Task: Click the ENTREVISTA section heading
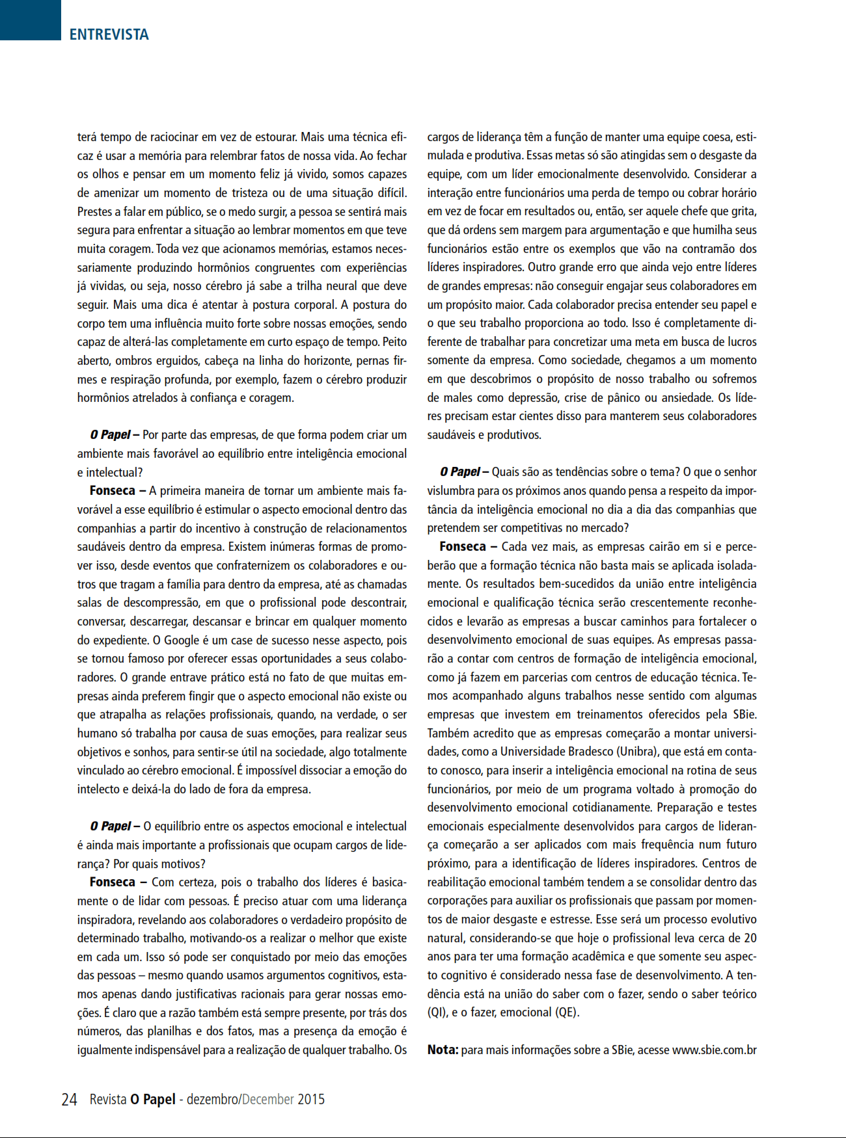point(109,34)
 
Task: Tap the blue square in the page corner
point(30,20)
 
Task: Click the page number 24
point(69,1100)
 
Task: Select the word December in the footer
point(268,1100)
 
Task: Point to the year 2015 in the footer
point(311,1100)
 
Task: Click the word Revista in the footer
point(108,1100)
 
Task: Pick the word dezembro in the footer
point(212,1100)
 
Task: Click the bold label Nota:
point(443,1050)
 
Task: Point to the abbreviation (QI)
point(437,1013)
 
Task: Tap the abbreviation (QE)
point(566,1013)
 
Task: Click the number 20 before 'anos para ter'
point(750,938)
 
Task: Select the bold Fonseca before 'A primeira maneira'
point(113,491)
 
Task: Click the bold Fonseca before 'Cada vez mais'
point(463,547)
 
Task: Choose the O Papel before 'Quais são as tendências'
point(461,472)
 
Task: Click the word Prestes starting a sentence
point(95,212)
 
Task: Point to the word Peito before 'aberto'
point(394,342)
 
